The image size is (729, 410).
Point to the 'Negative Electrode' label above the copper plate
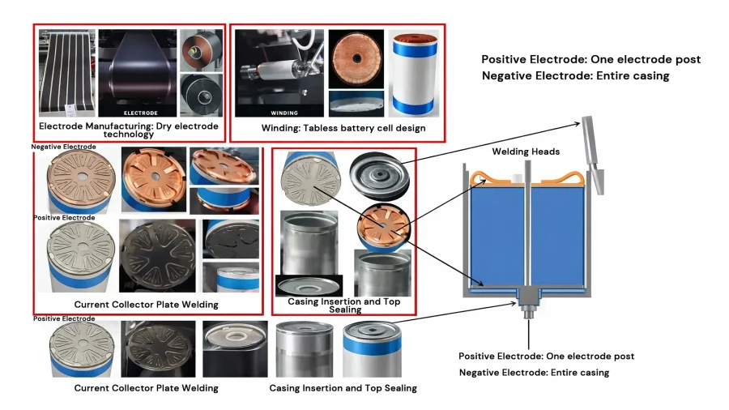pos(64,147)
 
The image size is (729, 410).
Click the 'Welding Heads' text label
pos(526,152)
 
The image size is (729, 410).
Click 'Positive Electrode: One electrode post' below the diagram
pos(546,357)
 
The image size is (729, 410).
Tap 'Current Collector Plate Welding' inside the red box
pos(146,305)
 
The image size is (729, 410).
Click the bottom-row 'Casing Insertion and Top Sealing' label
pos(343,388)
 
